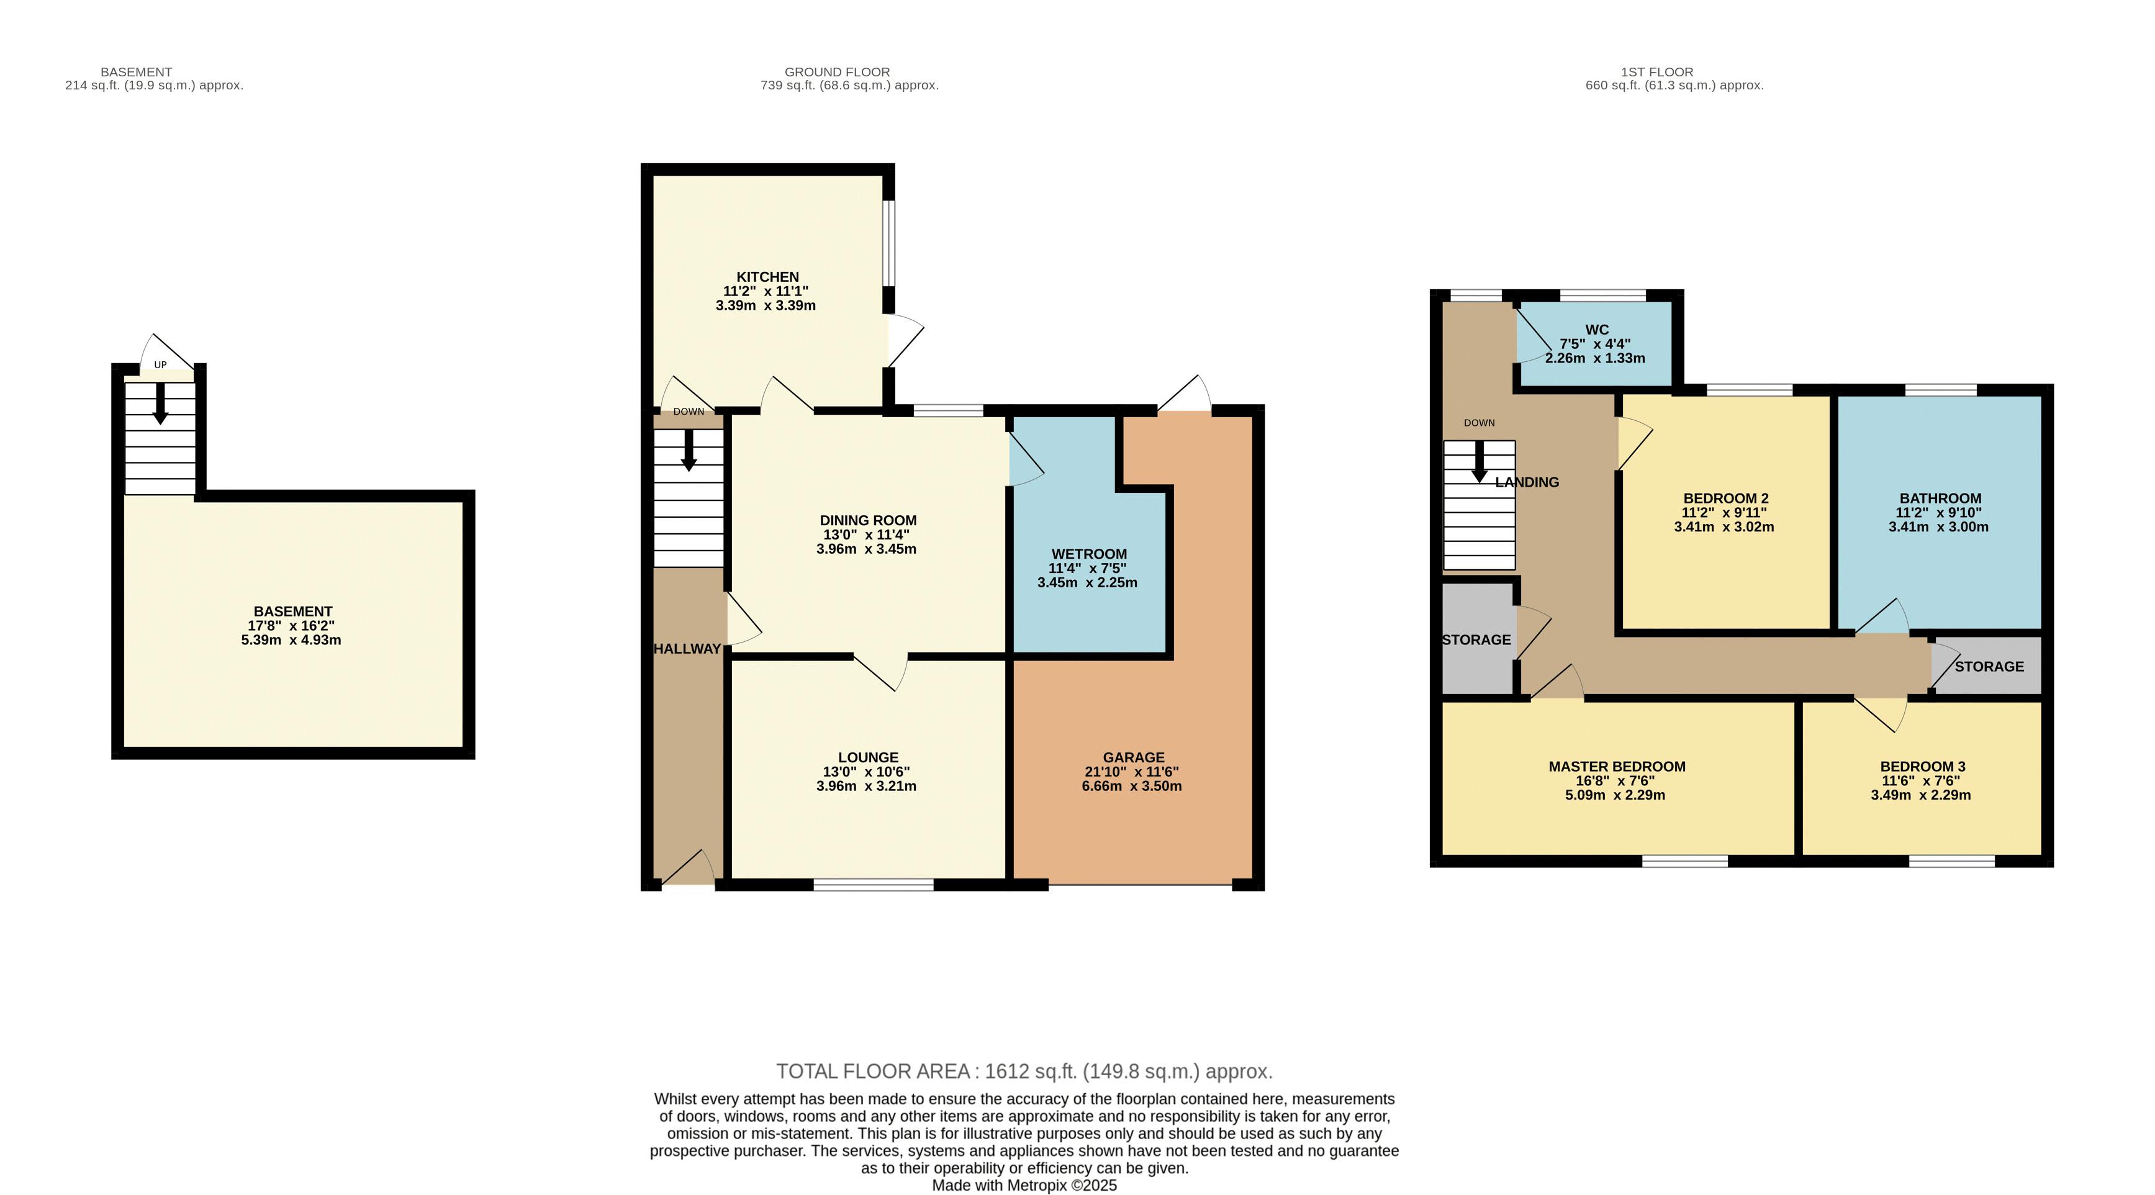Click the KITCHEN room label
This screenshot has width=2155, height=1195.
tap(767, 277)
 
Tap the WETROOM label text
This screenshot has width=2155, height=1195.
tap(1088, 554)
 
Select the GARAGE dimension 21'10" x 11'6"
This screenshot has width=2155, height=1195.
tap(1131, 772)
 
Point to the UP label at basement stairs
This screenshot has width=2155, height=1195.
tap(160, 364)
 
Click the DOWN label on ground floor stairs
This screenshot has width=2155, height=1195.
tap(689, 412)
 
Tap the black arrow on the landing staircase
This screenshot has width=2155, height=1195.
tap(1479, 462)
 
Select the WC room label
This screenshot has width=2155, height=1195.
tap(1596, 330)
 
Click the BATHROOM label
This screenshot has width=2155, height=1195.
tap(1939, 498)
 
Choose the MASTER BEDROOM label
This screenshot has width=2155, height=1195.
tap(1616, 766)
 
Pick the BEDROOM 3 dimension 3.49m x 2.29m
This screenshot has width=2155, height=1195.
tap(1921, 795)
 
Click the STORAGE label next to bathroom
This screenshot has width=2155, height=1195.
tap(1989, 667)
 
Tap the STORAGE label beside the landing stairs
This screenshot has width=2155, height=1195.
tap(1476, 640)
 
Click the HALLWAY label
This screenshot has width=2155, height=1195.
tap(687, 649)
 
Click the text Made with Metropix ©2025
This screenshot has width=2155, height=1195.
tap(1024, 1185)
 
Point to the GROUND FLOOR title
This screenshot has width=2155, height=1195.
tap(836, 72)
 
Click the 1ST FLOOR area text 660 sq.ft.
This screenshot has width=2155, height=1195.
tap(1673, 85)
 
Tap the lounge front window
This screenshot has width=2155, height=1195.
tap(874, 884)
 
